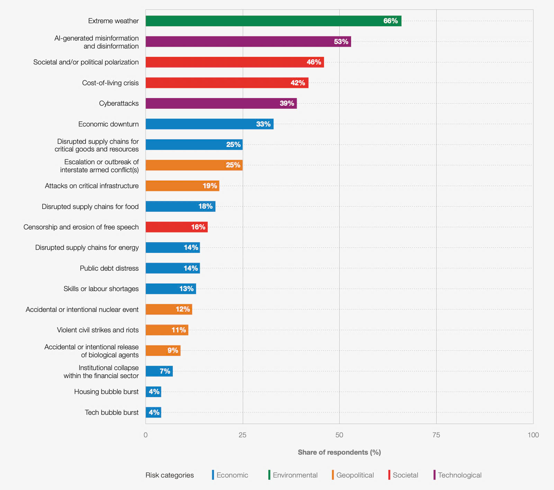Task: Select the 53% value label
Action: (341, 42)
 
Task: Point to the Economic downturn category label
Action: (108, 124)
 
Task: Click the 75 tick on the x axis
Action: (436, 435)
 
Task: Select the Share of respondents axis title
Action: (339, 452)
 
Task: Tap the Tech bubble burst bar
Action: (153, 412)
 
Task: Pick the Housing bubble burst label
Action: (106, 392)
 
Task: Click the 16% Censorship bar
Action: (177, 227)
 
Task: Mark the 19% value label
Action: (210, 186)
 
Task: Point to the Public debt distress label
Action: (109, 268)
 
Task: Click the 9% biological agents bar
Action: (163, 350)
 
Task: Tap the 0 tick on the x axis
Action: (145, 435)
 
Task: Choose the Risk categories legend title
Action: (169, 475)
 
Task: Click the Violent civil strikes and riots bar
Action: (167, 330)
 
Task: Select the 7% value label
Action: (165, 371)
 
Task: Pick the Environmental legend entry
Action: (295, 475)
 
